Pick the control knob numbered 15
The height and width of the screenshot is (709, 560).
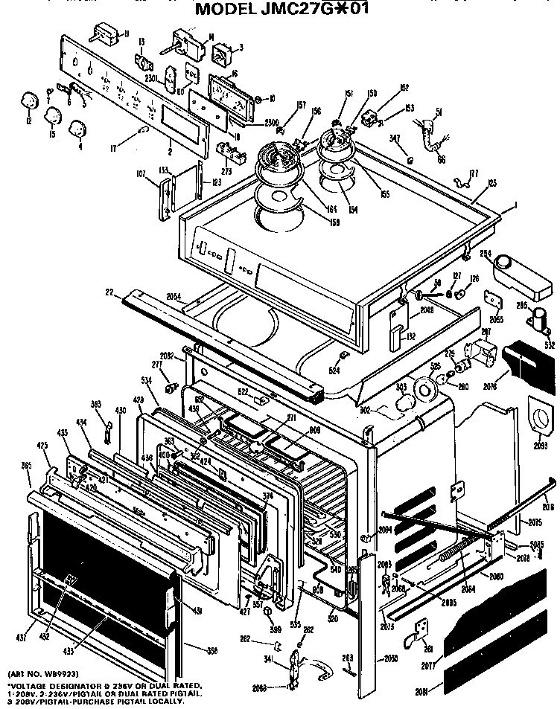54,115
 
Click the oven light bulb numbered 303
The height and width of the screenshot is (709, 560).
405,402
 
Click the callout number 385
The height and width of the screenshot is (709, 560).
27,466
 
